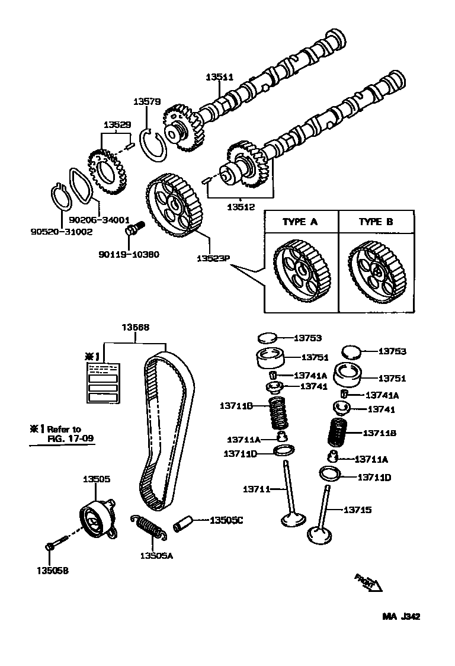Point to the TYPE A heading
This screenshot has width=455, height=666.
tap(300, 222)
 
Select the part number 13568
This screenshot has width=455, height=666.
tap(136, 327)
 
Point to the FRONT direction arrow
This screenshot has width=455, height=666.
tap(368, 582)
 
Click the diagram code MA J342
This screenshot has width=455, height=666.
tap(400, 616)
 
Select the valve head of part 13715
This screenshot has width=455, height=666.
tap(322, 536)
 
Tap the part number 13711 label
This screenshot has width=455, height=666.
tap(256, 489)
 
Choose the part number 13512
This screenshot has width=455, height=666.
tap(241, 207)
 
